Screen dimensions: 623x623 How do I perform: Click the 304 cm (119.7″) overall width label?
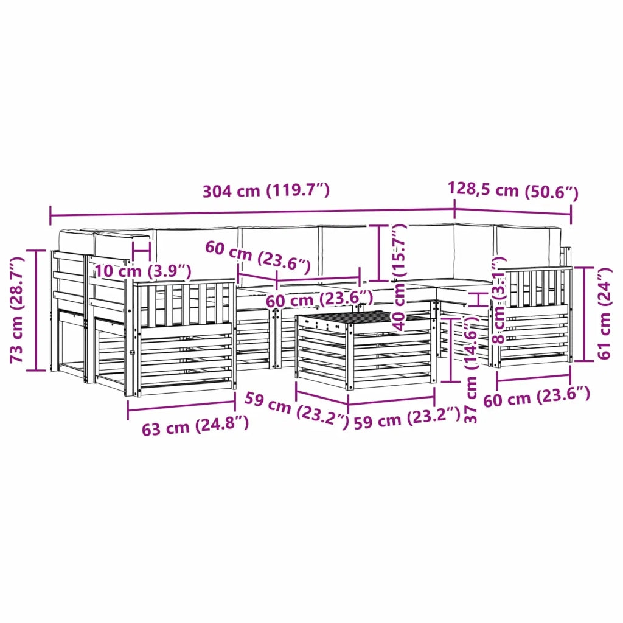point(266,190)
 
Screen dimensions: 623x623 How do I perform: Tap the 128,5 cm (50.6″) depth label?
point(513,190)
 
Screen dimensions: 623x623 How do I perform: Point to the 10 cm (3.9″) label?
point(143,271)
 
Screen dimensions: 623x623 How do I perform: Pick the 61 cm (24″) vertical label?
point(604,313)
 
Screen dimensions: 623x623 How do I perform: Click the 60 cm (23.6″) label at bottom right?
point(537,396)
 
